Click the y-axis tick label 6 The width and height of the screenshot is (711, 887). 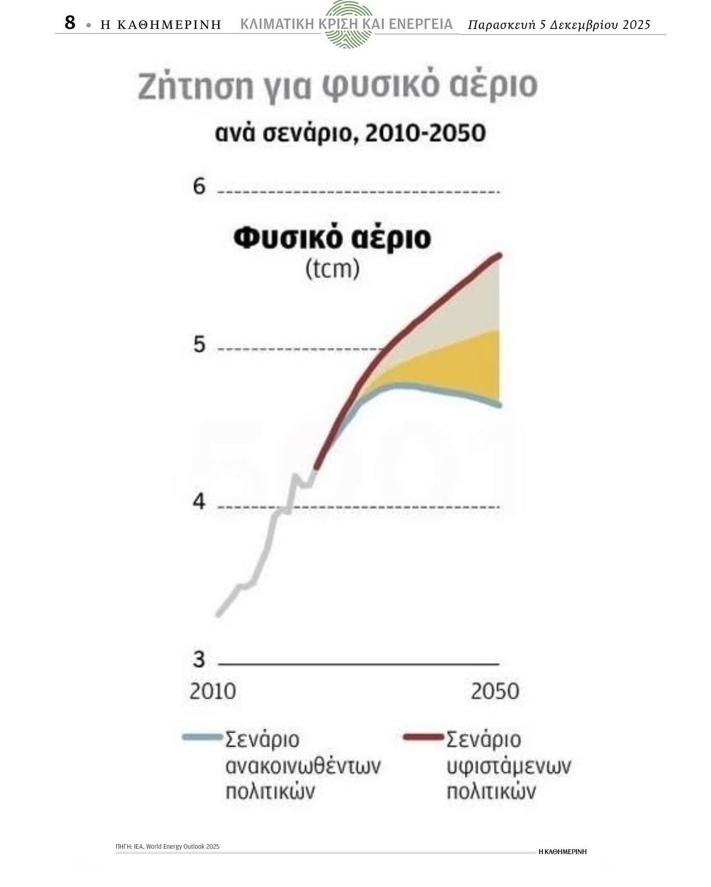coord(199,187)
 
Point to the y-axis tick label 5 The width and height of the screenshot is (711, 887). coord(199,345)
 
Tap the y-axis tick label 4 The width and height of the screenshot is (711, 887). coord(199,502)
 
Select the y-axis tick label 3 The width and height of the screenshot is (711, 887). coord(199,659)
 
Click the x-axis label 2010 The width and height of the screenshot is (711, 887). coord(213,691)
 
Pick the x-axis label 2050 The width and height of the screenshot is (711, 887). coord(494,691)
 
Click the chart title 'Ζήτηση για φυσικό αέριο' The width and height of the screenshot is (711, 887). coord(337,86)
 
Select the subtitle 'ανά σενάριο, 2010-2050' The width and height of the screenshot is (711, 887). coord(350,133)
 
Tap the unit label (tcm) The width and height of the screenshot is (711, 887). coord(332,268)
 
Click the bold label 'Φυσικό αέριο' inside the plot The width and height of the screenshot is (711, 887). coord(332,238)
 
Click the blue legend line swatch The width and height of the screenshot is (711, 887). coord(202,737)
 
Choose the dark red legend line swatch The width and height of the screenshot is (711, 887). coord(424,737)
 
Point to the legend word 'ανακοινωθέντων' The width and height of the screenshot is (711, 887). coord(303,765)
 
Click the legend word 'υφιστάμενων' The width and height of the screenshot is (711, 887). coord(509,765)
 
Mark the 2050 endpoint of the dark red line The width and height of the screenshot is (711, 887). coord(499,255)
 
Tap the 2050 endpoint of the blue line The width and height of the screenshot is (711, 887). coord(499,405)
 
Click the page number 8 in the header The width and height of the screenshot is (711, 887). coord(70,23)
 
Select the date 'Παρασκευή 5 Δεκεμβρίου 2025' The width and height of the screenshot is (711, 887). coord(559,25)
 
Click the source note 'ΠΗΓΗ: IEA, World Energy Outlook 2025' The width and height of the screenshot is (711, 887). coord(167,846)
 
